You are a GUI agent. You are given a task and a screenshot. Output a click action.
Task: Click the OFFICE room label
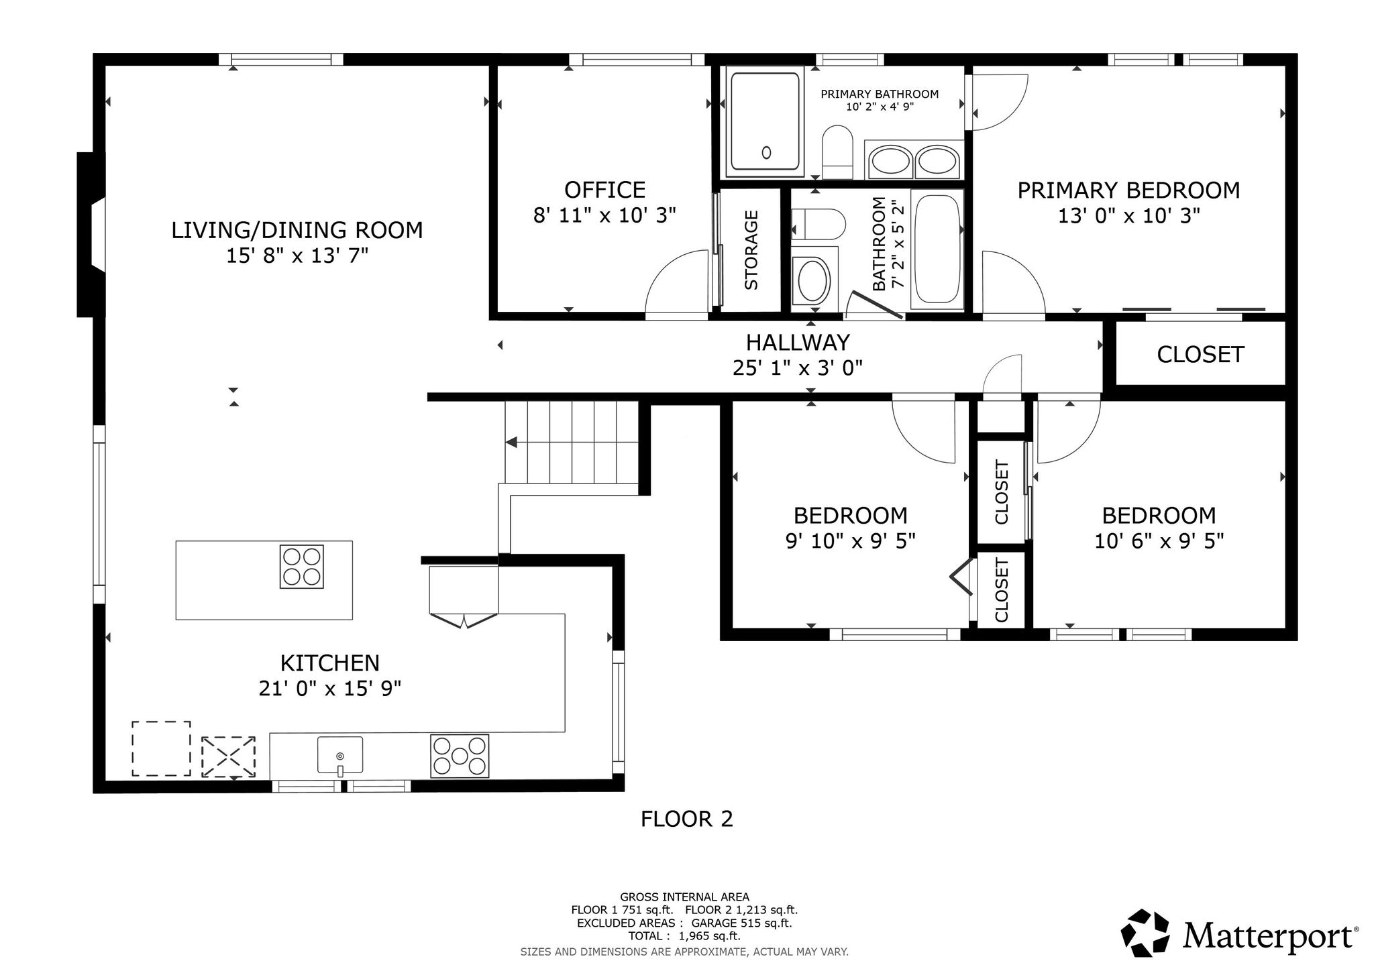tap(604, 190)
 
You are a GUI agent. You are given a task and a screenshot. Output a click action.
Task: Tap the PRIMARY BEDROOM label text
tap(1128, 190)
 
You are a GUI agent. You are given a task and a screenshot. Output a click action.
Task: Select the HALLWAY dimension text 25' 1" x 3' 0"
tap(798, 367)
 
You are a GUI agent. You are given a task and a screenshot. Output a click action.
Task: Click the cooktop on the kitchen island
tap(301, 567)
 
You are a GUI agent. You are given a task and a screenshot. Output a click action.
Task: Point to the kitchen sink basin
tap(340, 755)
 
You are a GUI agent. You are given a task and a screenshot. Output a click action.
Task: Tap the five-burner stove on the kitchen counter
tap(460, 756)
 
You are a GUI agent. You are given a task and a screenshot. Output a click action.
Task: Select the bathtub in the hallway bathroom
tap(937, 249)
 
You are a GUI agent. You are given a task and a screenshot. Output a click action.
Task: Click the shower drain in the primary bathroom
tap(766, 153)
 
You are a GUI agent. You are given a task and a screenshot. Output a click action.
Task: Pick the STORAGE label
tap(751, 250)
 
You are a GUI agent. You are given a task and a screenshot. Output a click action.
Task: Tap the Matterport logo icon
tap(1147, 933)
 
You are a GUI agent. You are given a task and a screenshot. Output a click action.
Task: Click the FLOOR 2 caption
tap(686, 819)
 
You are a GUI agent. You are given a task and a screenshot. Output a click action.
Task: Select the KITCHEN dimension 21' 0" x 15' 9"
tap(330, 688)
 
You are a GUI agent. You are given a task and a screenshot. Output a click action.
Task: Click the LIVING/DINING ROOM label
tap(297, 230)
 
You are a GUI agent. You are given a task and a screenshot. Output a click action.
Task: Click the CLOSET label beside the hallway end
tap(1200, 354)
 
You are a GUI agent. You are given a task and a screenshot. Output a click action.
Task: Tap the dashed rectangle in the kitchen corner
tap(161, 749)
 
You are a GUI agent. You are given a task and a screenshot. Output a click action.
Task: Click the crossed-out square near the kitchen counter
tap(229, 756)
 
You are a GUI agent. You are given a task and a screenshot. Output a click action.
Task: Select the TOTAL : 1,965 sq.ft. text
tap(684, 936)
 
